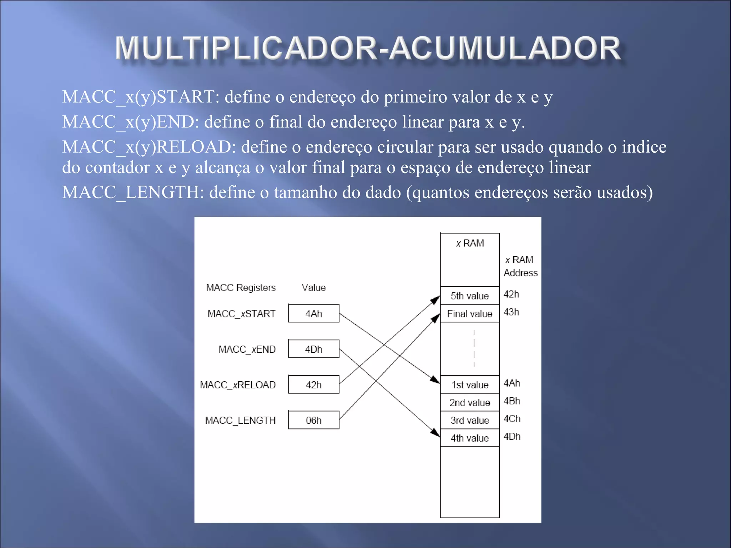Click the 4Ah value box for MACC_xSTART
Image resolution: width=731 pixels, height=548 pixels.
pos(313,313)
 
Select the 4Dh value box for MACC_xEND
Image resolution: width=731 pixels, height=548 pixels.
pos(313,349)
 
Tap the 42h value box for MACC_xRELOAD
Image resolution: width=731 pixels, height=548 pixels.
pos(313,384)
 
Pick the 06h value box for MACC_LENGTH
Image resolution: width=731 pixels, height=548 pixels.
pos(313,420)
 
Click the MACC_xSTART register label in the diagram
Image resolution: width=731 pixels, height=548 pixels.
pos(241,313)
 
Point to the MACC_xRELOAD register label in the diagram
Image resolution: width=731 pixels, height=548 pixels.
pos(238,384)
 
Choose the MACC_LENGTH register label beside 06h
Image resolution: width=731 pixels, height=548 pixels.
pos(240,420)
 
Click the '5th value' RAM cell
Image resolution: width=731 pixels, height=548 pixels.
pos(469,296)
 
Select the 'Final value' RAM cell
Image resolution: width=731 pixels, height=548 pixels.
pos(469,313)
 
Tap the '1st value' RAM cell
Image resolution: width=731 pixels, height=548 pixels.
pos(469,384)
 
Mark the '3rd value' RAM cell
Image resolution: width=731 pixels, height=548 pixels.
pos(469,420)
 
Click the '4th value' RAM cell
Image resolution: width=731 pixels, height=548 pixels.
pos(469,438)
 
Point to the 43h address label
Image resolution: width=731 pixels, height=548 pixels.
pos(511,312)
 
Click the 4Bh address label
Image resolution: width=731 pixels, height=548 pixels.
pos(511,401)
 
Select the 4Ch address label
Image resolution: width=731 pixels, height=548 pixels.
pos(512,418)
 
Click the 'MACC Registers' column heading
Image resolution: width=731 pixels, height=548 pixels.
pos(241,287)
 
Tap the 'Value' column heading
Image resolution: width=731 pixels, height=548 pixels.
pos(313,287)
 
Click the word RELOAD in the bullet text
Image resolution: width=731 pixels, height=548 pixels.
pos(194,147)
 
